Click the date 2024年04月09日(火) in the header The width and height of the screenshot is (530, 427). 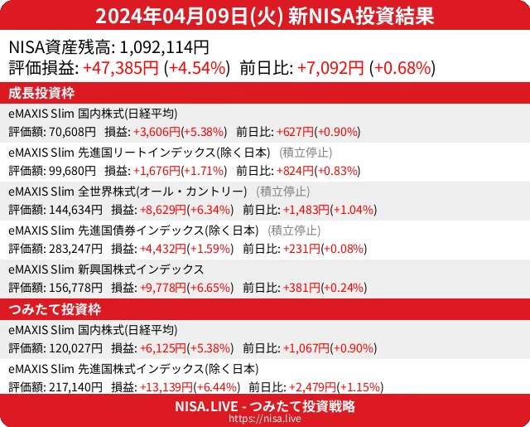tap(189, 17)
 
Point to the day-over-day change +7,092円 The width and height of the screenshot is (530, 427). tap(331, 68)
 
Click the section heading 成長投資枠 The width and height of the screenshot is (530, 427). tap(42, 92)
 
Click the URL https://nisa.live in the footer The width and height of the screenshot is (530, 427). tap(265, 420)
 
